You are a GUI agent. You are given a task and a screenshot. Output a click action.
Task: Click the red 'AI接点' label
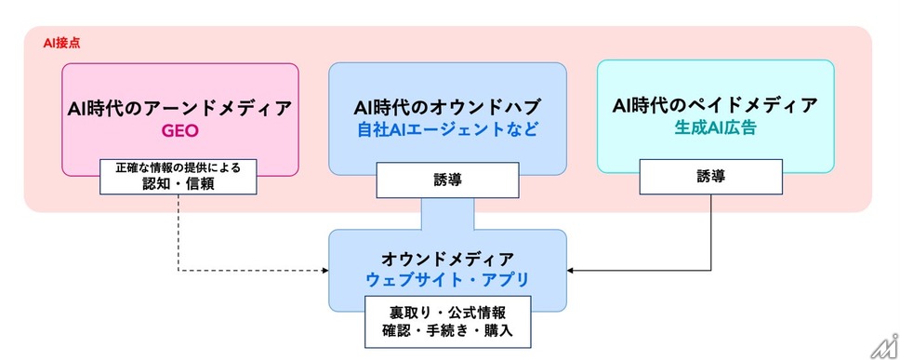pyautogui.click(x=61, y=44)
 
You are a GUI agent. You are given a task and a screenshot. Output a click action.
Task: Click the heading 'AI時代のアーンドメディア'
pyautogui.click(x=179, y=108)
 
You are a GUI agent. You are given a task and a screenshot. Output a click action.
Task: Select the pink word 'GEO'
pyautogui.click(x=179, y=131)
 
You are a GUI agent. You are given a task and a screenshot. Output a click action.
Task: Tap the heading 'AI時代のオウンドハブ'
pyautogui.click(x=447, y=107)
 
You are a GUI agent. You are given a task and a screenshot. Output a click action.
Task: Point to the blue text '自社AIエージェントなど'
pyautogui.click(x=447, y=129)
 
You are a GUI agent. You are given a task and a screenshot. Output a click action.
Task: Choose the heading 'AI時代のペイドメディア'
pyautogui.click(x=715, y=106)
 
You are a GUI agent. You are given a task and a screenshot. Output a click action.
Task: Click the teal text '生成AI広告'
pyautogui.click(x=715, y=128)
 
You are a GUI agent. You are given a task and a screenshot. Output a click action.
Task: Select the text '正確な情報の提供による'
pyautogui.click(x=178, y=168)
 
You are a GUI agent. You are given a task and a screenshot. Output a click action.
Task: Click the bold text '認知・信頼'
pyautogui.click(x=178, y=184)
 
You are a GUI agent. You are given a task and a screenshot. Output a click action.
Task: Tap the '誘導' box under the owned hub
pyautogui.click(x=448, y=180)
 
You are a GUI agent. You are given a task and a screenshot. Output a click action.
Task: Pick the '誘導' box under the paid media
pyautogui.click(x=711, y=177)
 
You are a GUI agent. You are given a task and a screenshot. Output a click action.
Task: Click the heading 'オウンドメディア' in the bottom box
pyautogui.click(x=447, y=259)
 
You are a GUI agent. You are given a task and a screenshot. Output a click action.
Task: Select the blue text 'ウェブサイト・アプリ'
pyautogui.click(x=447, y=281)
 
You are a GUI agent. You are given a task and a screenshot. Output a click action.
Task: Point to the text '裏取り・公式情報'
pyautogui.click(x=446, y=313)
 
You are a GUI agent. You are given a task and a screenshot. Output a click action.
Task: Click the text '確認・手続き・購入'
pyautogui.click(x=446, y=331)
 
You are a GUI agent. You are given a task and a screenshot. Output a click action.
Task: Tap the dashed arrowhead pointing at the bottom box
pyautogui.click(x=325, y=270)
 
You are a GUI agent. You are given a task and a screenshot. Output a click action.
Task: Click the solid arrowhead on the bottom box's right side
pyautogui.click(x=571, y=270)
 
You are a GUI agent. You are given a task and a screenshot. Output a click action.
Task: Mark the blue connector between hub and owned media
pyautogui.click(x=448, y=214)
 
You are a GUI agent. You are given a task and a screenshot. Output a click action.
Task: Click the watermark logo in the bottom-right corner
pyautogui.click(x=885, y=346)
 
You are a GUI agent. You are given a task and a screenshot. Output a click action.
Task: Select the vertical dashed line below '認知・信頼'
pyautogui.click(x=179, y=232)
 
